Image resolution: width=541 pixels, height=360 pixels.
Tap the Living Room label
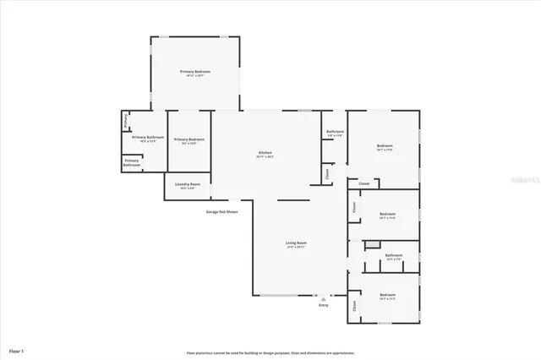pyautogui.click(x=296, y=243)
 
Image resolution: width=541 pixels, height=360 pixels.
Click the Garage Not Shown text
pyautogui.click(x=222, y=211)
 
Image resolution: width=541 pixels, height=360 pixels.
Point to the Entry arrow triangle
pyautogui.click(x=323, y=298)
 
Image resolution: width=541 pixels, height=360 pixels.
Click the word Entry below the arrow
pyautogui.click(x=323, y=305)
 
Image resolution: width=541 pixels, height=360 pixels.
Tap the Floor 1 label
pyautogui.click(x=17, y=350)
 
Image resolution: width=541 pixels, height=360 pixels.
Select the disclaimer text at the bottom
pyautogui.click(x=270, y=352)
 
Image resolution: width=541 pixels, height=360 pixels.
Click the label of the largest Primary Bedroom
pyautogui.click(x=195, y=72)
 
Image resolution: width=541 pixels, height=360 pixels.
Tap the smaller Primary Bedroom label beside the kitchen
pyautogui.click(x=189, y=139)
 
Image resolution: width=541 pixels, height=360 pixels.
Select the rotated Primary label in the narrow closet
pyautogui.click(x=125, y=121)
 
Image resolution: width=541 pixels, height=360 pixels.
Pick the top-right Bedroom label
pyautogui.click(x=385, y=147)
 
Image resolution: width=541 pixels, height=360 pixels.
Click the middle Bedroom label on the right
pyautogui.click(x=388, y=215)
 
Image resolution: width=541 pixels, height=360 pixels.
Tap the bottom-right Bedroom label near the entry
pyautogui.click(x=388, y=297)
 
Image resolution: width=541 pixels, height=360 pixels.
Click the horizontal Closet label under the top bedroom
pyautogui.click(x=364, y=183)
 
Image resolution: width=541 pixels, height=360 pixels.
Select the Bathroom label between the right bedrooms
pyautogui.click(x=394, y=255)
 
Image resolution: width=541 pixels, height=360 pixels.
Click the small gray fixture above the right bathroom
pyautogui.click(x=370, y=244)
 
